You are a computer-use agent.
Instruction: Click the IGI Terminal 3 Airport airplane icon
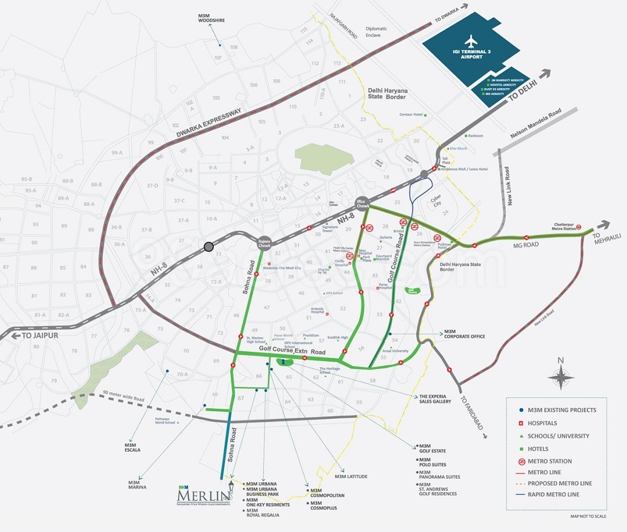click(x=470, y=42)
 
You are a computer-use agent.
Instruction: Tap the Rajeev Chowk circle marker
click(x=265, y=242)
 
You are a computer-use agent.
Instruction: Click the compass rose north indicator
click(x=561, y=375)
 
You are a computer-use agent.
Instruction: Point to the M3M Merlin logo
click(x=203, y=492)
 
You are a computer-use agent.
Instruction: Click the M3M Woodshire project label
click(x=211, y=17)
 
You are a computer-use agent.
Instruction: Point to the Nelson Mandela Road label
click(x=535, y=124)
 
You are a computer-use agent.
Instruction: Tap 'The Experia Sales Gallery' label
click(x=435, y=399)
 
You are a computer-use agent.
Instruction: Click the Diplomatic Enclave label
click(x=376, y=32)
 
